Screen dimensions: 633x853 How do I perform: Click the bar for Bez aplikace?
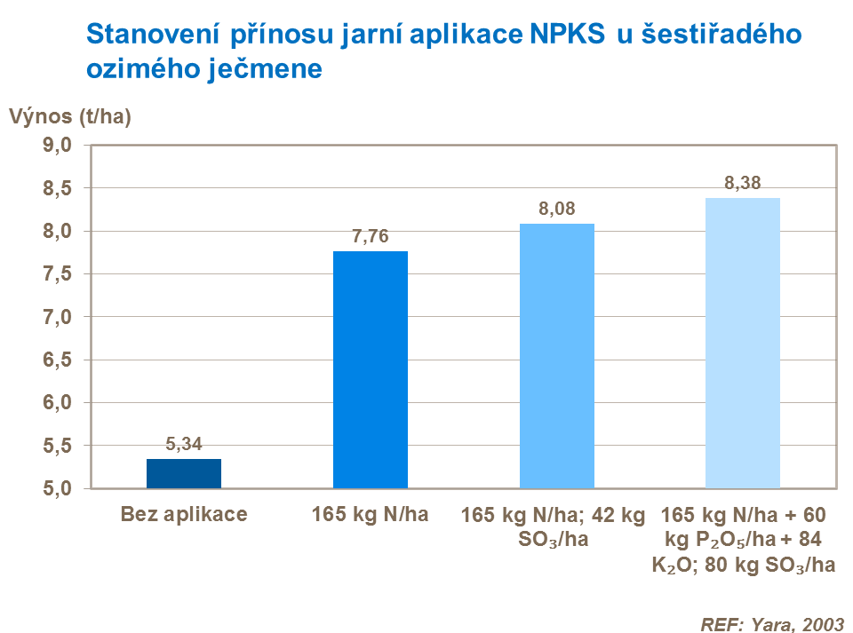point(184,473)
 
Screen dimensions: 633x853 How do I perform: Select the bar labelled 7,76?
point(371,369)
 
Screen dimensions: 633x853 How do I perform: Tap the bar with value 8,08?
point(557,355)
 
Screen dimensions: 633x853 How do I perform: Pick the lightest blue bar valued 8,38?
point(743,343)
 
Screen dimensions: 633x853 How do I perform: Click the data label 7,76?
point(371,237)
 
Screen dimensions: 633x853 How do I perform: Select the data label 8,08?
point(557,210)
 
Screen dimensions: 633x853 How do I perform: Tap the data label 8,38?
point(743,184)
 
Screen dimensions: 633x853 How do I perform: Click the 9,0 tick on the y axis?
point(56,146)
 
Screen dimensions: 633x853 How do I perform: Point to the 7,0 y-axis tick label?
point(56,317)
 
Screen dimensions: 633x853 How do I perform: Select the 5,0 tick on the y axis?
point(56,488)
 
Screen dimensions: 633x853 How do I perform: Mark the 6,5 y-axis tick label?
point(56,360)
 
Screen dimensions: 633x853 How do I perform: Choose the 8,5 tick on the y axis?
point(56,188)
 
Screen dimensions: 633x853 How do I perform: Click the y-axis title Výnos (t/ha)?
point(70,116)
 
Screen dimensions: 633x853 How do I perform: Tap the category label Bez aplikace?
point(184,514)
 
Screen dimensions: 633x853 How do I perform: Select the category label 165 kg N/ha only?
point(371,514)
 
